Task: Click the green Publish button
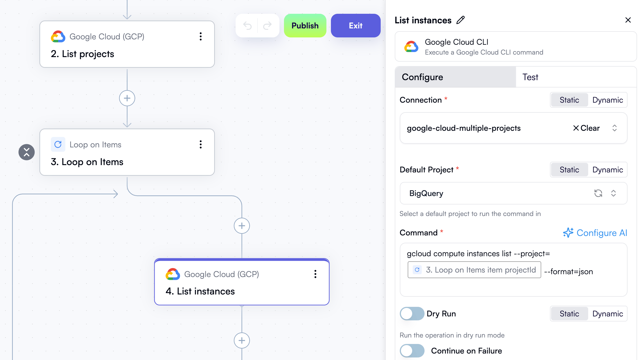pos(305,26)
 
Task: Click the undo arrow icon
pos(247,26)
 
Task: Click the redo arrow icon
pos(267,26)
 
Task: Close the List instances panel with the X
pos(628,20)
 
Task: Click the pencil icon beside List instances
pos(461,20)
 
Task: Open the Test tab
pos(530,77)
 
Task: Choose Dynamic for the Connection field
pos(608,100)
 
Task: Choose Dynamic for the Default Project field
pos(608,170)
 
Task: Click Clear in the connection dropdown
pos(586,128)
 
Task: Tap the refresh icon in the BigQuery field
pos(598,193)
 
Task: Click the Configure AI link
pos(595,233)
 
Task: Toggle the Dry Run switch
pos(412,314)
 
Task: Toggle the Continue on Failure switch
pos(412,351)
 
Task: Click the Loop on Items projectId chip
pos(474,270)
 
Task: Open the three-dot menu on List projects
pos(200,36)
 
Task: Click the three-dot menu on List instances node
pos(315,274)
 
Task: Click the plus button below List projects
pos(127,98)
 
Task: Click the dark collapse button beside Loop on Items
pos(26,152)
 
